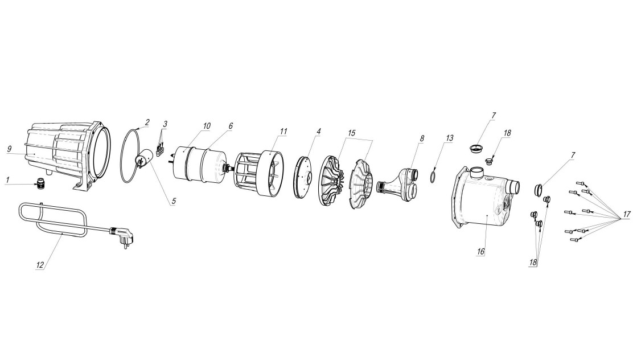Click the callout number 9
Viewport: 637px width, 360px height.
tap(9, 149)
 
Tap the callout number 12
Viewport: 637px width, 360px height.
tap(40, 265)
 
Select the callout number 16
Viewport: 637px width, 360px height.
tap(480, 252)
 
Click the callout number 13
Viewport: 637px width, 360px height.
tap(449, 138)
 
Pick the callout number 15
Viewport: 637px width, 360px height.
tap(351, 133)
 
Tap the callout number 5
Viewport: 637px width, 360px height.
tap(174, 201)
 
